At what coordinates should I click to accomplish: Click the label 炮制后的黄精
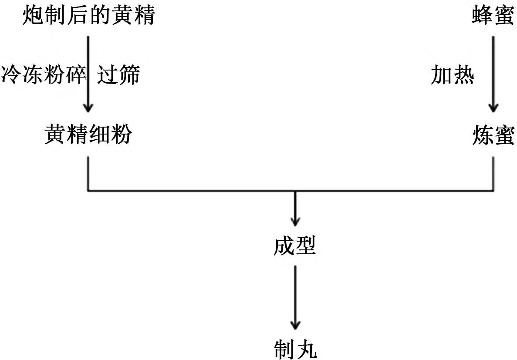pyautogui.click(x=88, y=17)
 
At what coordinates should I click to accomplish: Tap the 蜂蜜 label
pyautogui.click(x=493, y=17)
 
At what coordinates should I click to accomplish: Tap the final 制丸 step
pyautogui.click(x=295, y=349)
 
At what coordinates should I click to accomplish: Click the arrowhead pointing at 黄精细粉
pyautogui.click(x=88, y=107)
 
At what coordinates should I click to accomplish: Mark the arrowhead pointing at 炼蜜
pyautogui.click(x=493, y=107)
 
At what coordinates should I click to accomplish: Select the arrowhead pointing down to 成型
pyautogui.click(x=295, y=220)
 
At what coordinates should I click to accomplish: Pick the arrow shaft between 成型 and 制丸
pyautogui.click(x=295, y=292)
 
